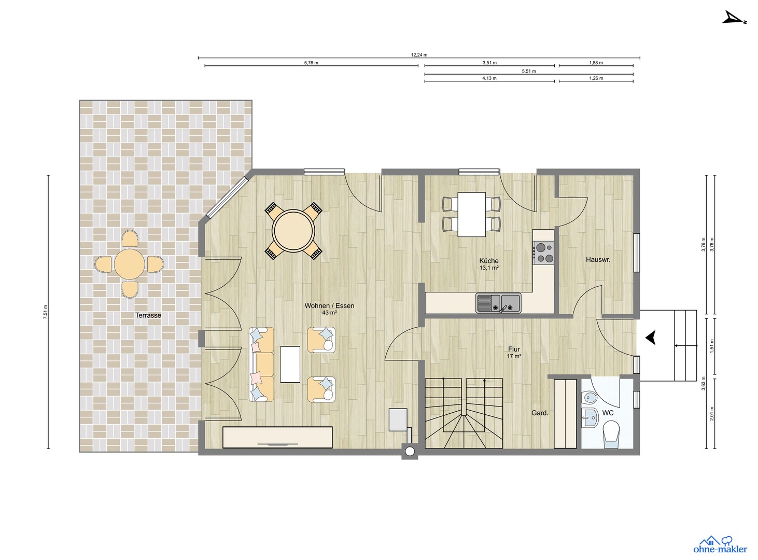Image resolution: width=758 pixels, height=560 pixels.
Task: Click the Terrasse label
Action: click(x=148, y=315)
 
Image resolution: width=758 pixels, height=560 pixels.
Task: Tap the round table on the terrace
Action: click(x=129, y=264)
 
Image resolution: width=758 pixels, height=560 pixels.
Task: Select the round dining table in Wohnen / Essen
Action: click(x=293, y=231)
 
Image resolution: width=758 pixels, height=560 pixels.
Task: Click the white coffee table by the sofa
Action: click(x=290, y=364)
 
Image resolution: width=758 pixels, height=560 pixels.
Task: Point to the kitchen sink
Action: click(x=499, y=303)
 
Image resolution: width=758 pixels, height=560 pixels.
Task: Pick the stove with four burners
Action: click(x=543, y=252)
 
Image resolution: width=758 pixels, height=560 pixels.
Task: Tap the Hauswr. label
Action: click(x=598, y=259)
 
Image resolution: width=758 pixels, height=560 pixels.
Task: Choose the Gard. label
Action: click(x=540, y=413)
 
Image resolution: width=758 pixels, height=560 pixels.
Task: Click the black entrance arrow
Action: click(x=650, y=338)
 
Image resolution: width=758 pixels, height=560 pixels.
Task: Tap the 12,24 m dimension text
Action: click(x=419, y=54)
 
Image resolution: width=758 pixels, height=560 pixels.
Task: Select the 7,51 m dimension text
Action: click(x=45, y=312)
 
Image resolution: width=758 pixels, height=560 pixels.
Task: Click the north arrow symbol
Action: click(x=734, y=18)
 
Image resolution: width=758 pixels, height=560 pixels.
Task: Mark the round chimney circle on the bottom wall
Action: click(x=410, y=452)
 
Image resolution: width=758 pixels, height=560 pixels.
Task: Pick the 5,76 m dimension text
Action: click(x=311, y=63)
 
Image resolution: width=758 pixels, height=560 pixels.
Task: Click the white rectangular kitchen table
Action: click(x=472, y=214)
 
